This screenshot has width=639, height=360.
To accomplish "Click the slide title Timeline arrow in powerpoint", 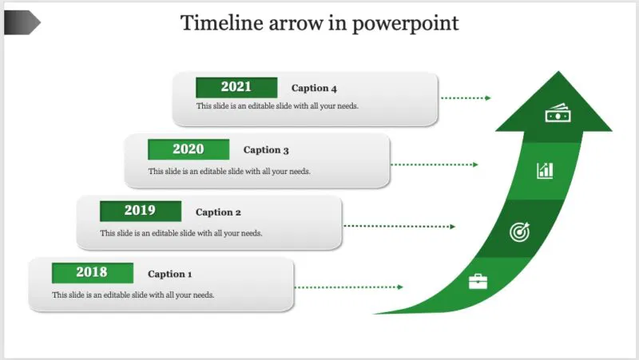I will pos(319,23).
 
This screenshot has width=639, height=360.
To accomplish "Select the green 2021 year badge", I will pos(236,88).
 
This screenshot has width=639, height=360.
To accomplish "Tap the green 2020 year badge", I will pos(189,149).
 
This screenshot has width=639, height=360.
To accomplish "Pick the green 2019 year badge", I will pos(140,212).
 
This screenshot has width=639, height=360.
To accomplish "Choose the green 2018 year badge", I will pos(92,273).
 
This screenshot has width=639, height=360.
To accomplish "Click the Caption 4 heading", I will pos(314,89).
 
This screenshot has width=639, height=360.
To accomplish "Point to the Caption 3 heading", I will pos(266,150).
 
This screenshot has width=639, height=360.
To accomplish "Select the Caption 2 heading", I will pos(218,212).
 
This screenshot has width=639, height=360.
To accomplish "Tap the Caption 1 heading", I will pos(170,274).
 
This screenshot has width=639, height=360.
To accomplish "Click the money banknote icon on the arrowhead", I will pos(557,115).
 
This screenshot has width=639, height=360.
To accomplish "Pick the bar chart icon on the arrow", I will pos(545,169).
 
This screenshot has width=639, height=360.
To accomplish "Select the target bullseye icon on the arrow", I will pos(519,232).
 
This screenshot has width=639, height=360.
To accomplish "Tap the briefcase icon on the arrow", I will pos(478,281).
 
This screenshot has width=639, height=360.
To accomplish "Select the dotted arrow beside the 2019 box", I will pos(399,227).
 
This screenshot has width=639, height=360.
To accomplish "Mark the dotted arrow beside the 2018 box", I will pos(350,287).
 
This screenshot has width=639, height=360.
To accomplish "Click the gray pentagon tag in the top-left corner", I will pos(22,23).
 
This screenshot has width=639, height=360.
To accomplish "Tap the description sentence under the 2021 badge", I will pos(283,106).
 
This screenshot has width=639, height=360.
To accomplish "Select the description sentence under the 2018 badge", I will pos(133,295).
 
